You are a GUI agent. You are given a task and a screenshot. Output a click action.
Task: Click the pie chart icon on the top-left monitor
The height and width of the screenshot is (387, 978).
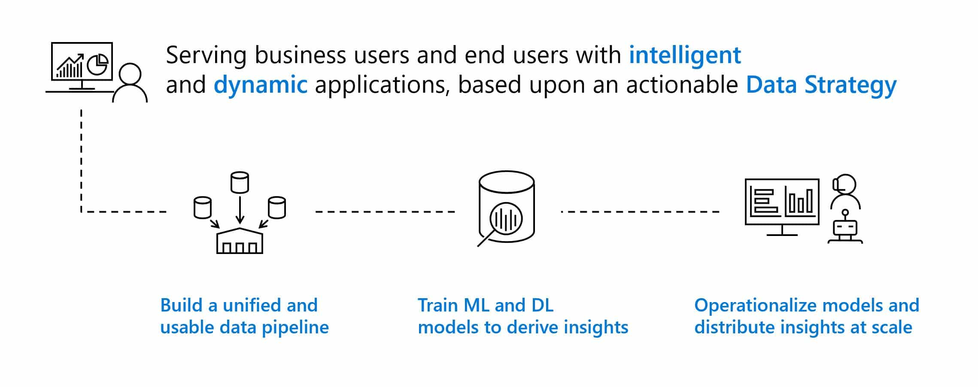(x=97, y=64)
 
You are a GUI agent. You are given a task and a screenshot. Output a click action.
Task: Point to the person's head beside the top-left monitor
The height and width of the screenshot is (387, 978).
(x=130, y=75)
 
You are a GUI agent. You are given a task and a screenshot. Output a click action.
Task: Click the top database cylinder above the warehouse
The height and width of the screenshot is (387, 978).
(x=240, y=182)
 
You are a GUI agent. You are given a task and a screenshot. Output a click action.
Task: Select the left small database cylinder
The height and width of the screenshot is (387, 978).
(x=202, y=208)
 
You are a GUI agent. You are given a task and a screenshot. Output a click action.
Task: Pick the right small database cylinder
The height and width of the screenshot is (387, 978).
(x=277, y=208)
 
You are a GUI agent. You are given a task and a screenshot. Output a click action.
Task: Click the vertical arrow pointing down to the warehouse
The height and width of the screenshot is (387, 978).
(x=240, y=210)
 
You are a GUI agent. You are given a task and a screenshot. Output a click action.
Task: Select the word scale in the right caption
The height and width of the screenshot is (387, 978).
(x=892, y=327)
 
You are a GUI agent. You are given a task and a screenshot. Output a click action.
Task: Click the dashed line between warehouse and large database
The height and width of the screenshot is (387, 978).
(x=385, y=212)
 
